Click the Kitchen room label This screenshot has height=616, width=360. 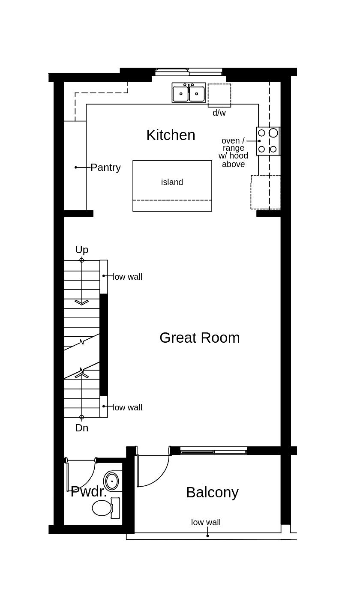pyautogui.click(x=171, y=135)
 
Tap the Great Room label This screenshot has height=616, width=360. pyautogui.click(x=199, y=338)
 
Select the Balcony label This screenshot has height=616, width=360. pyautogui.click(x=212, y=492)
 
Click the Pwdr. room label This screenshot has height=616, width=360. pyautogui.click(x=88, y=491)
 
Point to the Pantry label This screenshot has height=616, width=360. pyautogui.click(x=105, y=167)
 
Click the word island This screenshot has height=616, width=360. pyautogui.click(x=172, y=182)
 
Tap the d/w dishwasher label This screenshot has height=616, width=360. pyautogui.click(x=219, y=113)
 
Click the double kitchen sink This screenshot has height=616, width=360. pyautogui.click(x=189, y=93)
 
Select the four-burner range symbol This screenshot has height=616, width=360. pyautogui.click(x=268, y=141)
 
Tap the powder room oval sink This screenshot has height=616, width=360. pyautogui.click(x=112, y=481)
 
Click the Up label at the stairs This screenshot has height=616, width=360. pyautogui.click(x=81, y=250)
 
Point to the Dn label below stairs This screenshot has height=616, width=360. pyautogui.click(x=81, y=428)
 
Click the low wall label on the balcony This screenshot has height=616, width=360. pyautogui.click(x=206, y=522)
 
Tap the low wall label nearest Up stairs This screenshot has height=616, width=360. pyautogui.click(x=127, y=277)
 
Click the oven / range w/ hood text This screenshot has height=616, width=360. pyautogui.click(x=233, y=152)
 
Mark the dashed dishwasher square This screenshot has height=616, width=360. pyautogui.click(x=219, y=95)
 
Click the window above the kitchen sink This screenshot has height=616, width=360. pyautogui.click(x=189, y=72)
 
